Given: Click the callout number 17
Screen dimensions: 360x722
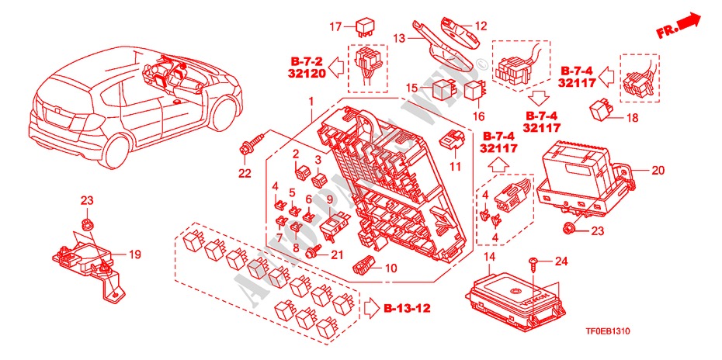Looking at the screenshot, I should click(x=335, y=27).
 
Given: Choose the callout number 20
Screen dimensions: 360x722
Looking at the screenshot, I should click(x=659, y=170).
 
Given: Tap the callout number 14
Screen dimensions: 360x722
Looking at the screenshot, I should click(x=489, y=257).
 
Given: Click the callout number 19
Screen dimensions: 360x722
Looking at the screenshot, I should click(x=134, y=253).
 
